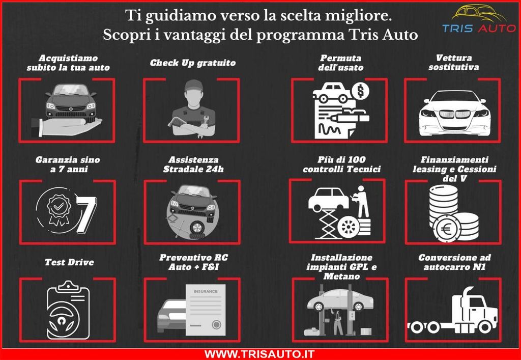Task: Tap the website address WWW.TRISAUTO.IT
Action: click(x=259, y=353)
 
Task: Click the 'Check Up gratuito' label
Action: click(x=193, y=63)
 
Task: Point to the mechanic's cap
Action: click(x=193, y=85)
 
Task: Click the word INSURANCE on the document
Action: click(x=206, y=292)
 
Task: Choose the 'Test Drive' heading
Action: click(x=69, y=263)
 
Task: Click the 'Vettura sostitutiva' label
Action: click(x=454, y=63)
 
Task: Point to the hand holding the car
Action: click(x=66, y=125)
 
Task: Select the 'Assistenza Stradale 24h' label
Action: click(x=193, y=164)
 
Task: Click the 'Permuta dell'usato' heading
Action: click(x=341, y=63)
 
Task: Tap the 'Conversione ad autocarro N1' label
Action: click(x=454, y=262)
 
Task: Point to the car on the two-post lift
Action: click(x=340, y=300)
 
